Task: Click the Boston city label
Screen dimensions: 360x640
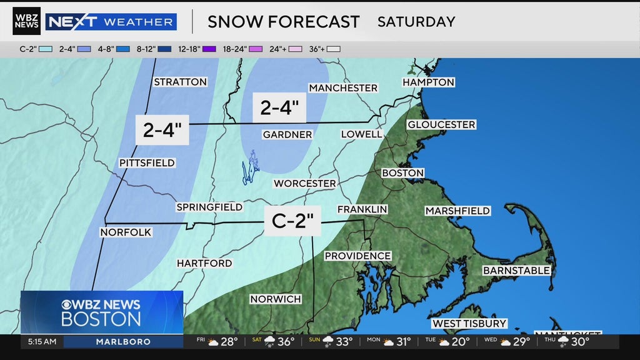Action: click(402, 173)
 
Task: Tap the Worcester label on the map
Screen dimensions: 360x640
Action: click(304, 184)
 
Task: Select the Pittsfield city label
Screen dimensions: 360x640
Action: click(147, 163)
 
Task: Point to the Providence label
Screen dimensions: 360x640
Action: click(357, 256)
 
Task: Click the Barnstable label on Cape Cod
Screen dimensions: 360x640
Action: click(516, 271)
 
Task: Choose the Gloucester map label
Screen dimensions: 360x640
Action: click(441, 125)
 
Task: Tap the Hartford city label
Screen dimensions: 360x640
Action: click(204, 264)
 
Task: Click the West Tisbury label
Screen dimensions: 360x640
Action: click(469, 324)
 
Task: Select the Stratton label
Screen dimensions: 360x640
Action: click(180, 82)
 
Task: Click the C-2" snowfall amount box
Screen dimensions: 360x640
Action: click(292, 221)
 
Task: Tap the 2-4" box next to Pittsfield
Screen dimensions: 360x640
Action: click(162, 130)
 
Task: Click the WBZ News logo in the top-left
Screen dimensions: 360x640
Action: click(26, 21)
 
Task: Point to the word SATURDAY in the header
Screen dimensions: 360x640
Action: click(416, 22)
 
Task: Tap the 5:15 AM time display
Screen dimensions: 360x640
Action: click(42, 342)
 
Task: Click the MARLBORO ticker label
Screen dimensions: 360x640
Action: click(123, 342)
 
